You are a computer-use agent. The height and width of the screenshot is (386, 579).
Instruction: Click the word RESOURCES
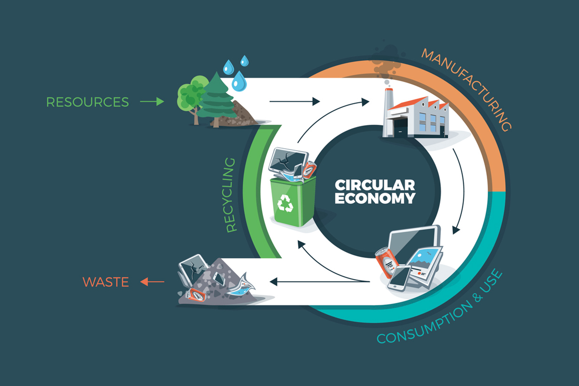pos(87,102)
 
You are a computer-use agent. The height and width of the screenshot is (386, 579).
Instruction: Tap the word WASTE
pos(106,282)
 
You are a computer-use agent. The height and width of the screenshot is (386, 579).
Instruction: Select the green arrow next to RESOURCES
pos(152,102)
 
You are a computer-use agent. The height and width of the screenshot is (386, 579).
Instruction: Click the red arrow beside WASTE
pos(152,282)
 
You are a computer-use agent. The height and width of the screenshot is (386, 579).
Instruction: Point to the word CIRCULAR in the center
pos(375,185)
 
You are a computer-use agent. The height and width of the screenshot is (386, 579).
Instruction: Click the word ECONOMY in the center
pos(375,199)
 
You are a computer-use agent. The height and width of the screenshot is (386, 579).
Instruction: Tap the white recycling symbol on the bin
pos(285,203)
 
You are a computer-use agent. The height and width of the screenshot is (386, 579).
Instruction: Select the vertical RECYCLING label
pos(231,195)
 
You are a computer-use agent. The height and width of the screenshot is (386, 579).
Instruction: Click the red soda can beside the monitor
pos(387,262)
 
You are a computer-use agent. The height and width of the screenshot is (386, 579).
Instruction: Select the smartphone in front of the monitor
pos(399,277)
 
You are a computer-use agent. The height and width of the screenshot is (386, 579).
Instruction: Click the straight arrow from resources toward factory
pos(294,102)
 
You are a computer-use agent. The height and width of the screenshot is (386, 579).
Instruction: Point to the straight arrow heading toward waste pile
pos(320,282)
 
